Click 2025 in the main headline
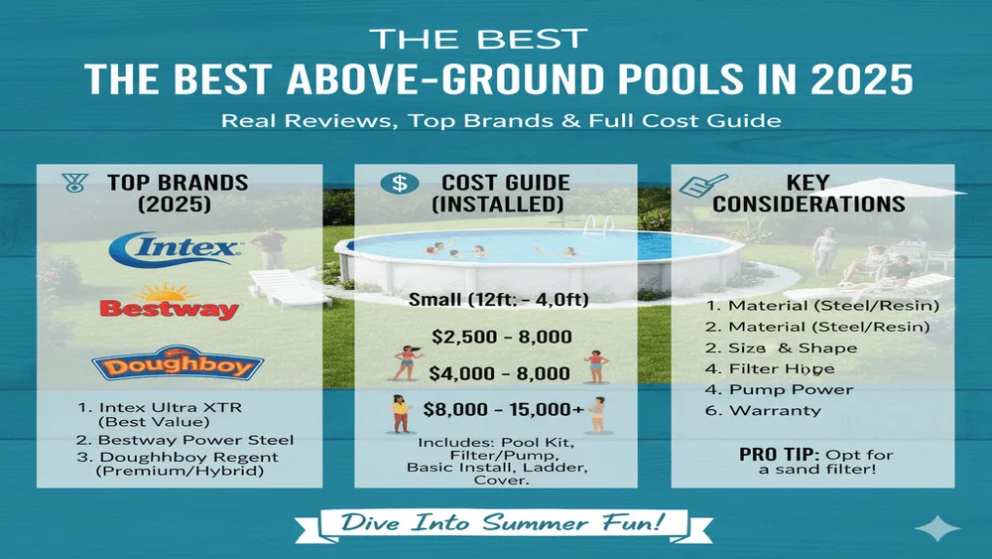[x=868, y=78]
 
